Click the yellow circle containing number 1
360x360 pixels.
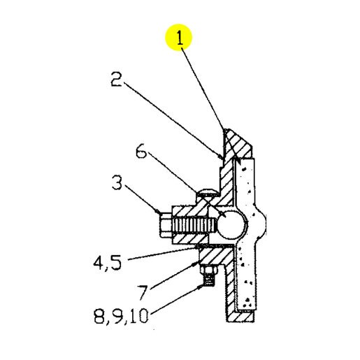[178, 37]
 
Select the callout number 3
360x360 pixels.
[117, 183]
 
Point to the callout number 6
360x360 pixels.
[141, 152]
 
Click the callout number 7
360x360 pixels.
[142, 292]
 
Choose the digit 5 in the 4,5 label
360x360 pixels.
[116, 263]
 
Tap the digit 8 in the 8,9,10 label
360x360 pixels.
[99, 316]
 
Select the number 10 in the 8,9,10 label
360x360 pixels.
[139, 316]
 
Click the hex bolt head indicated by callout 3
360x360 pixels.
[166, 225]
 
